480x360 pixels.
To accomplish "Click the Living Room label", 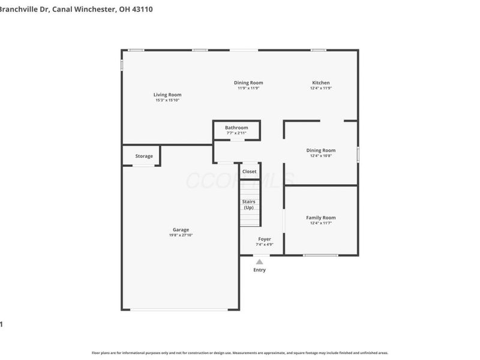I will coord(167,95).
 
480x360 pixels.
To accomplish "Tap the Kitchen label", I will coord(320,83).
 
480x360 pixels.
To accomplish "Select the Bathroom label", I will coord(236,128).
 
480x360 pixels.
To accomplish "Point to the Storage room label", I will coord(144,156).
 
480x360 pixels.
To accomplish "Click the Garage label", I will coord(181,230).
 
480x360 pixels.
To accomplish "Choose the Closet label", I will coord(249,172).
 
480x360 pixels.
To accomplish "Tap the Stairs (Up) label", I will coord(248,205).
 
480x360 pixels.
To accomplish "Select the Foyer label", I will coord(265,239).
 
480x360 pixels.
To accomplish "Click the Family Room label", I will coord(321,218).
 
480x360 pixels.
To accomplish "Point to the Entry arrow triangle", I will coord(259,262).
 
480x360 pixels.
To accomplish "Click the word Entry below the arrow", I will coord(259,270).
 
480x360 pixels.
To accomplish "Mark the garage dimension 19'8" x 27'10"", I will coord(181,235).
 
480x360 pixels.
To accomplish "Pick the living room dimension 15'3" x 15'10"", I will coord(167,100).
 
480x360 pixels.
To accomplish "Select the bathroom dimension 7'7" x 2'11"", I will coord(236,133).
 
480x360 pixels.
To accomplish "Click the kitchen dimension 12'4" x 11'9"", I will coord(321,88).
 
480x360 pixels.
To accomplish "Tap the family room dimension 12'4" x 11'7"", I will coord(321,223).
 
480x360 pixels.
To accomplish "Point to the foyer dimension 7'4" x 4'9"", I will coord(265,244).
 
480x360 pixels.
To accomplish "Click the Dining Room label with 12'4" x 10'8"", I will coord(321,151).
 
